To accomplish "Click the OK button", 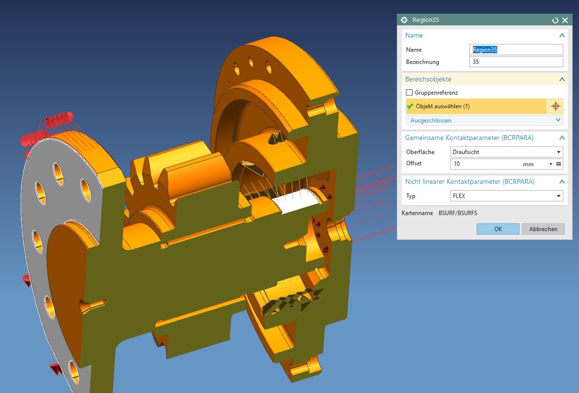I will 497,229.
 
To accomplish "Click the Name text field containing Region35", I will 516,50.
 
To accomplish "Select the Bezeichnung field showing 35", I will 516,62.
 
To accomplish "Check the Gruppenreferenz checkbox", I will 409,93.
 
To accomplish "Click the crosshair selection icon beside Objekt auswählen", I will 555,106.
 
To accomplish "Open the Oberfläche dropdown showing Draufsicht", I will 506,152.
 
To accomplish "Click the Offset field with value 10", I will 484,164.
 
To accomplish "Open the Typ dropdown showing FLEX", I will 506,196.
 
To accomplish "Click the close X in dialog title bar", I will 565,20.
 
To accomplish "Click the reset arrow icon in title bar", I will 555,20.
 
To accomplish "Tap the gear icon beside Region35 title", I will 404,20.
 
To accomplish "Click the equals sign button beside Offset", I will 558,164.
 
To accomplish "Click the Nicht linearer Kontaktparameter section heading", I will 470,181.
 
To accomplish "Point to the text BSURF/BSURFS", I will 458,213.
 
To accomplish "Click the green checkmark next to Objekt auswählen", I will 410,106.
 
